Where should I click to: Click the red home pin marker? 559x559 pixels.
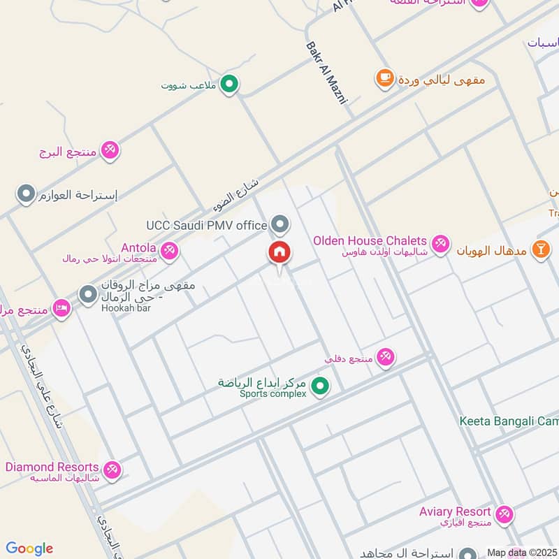pos(279,253)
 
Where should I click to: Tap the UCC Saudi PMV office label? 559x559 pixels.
pos(207,225)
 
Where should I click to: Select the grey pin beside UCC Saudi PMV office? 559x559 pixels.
pos(280,224)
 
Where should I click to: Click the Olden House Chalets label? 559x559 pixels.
pos(370,240)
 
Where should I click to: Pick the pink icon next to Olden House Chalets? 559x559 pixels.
pos(440,243)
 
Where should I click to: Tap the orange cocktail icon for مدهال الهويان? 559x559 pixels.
pos(541,249)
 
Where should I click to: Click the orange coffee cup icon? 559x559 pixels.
pos(384,78)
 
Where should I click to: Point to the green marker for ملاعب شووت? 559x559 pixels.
pos(228,85)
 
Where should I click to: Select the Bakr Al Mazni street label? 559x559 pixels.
pos(326,73)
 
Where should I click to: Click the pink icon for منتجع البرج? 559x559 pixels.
pos(110,150)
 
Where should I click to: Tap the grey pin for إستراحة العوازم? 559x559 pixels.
pos(26,194)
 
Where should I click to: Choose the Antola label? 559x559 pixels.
pos(138,247)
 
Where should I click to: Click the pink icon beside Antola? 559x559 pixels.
pos(168,250)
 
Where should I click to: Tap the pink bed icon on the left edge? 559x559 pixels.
pos(61,309)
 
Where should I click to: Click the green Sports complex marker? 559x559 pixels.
pos(320,385)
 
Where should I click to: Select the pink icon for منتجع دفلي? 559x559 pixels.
pos(385,358)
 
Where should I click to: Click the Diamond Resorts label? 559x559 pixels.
pos(52,467)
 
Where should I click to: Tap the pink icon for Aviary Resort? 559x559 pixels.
pos(504,515)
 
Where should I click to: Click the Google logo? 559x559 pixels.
pos(29,549)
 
